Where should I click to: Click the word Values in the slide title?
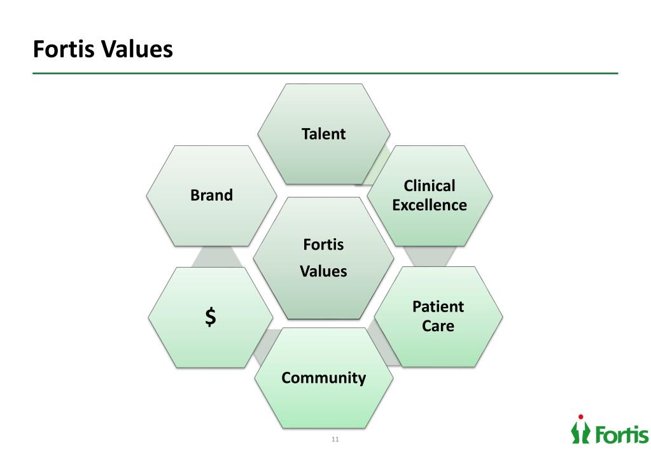[135, 49]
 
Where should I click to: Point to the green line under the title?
[325, 73]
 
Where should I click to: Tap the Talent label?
[323, 134]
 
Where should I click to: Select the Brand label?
[211, 195]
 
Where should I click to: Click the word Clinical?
[430, 186]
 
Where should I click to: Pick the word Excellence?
[430, 205]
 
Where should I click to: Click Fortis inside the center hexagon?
[323, 245]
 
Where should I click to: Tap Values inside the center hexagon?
[323, 271]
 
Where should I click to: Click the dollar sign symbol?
[210, 317]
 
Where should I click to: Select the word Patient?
[438, 307]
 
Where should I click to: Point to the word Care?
[438, 326]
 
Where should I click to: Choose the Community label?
[323, 378]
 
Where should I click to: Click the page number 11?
[335, 440]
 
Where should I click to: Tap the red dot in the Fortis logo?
[580, 417]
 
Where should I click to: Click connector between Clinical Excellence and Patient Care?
[430, 256]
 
